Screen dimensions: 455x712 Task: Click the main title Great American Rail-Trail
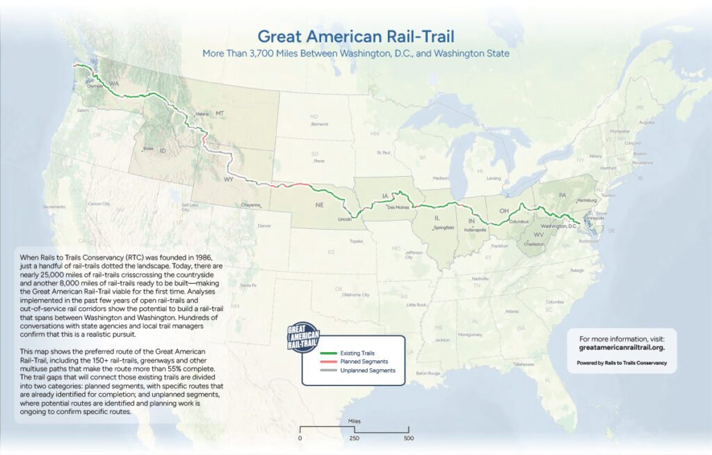click(355, 36)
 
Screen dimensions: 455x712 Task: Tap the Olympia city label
click(95, 86)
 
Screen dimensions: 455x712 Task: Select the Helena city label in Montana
click(184, 113)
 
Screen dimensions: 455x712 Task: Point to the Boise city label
click(147, 149)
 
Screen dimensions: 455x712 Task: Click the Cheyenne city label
click(250, 205)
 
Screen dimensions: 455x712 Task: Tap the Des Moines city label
click(396, 207)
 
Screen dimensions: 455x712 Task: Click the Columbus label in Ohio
click(519, 221)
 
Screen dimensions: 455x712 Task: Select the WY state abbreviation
click(228, 179)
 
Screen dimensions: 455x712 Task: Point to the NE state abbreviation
click(320, 205)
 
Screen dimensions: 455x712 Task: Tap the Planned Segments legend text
click(365, 361)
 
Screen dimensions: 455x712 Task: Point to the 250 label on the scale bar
click(354, 438)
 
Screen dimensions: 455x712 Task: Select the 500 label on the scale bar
click(409, 438)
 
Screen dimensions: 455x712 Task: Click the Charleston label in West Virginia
click(534, 245)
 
